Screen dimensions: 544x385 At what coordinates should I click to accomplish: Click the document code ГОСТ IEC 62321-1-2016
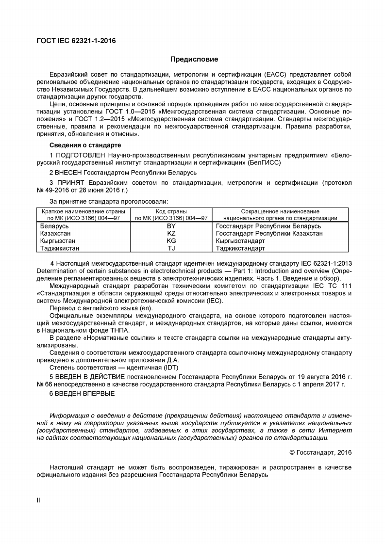pyautogui.click(x=76, y=41)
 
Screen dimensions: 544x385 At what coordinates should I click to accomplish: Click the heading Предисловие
pyautogui.click(x=194, y=60)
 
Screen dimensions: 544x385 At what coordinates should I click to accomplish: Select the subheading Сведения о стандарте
pyautogui.click(x=85, y=145)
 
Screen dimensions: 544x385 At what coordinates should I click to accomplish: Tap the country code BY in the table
pyautogui.click(x=171, y=226)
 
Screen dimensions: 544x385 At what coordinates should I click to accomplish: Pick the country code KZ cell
pyautogui.click(x=171, y=233)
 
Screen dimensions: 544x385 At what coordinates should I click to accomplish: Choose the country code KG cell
pyautogui.click(x=171, y=241)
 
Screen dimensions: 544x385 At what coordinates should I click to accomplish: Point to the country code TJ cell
pyautogui.click(x=171, y=248)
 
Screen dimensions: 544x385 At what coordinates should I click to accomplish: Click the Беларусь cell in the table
pyautogui.click(x=54, y=226)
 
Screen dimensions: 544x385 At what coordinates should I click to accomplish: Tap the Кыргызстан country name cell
pyautogui.click(x=58, y=241)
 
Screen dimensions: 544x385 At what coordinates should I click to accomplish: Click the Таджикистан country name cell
pyautogui.click(x=59, y=248)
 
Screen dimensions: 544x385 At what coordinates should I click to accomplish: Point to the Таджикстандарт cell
pyautogui.click(x=240, y=248)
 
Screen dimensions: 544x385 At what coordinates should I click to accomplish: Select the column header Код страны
pyautogui.click(x=171, y=211)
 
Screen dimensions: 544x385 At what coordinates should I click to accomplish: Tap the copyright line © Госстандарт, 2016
pyautogui.click(x=320, y=452)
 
